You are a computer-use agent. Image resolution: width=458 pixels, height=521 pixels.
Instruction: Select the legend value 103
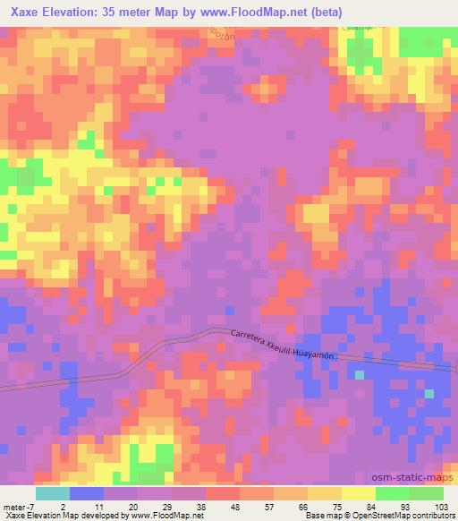click(443, 506)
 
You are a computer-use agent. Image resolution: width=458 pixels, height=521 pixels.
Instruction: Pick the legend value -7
click(30, 506)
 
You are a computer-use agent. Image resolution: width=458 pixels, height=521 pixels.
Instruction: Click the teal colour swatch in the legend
click(52, 493)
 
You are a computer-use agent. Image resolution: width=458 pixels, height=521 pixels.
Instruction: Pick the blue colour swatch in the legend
click(86, 493)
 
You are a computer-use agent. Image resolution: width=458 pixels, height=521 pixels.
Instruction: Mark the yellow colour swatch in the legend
click(358, 493)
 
